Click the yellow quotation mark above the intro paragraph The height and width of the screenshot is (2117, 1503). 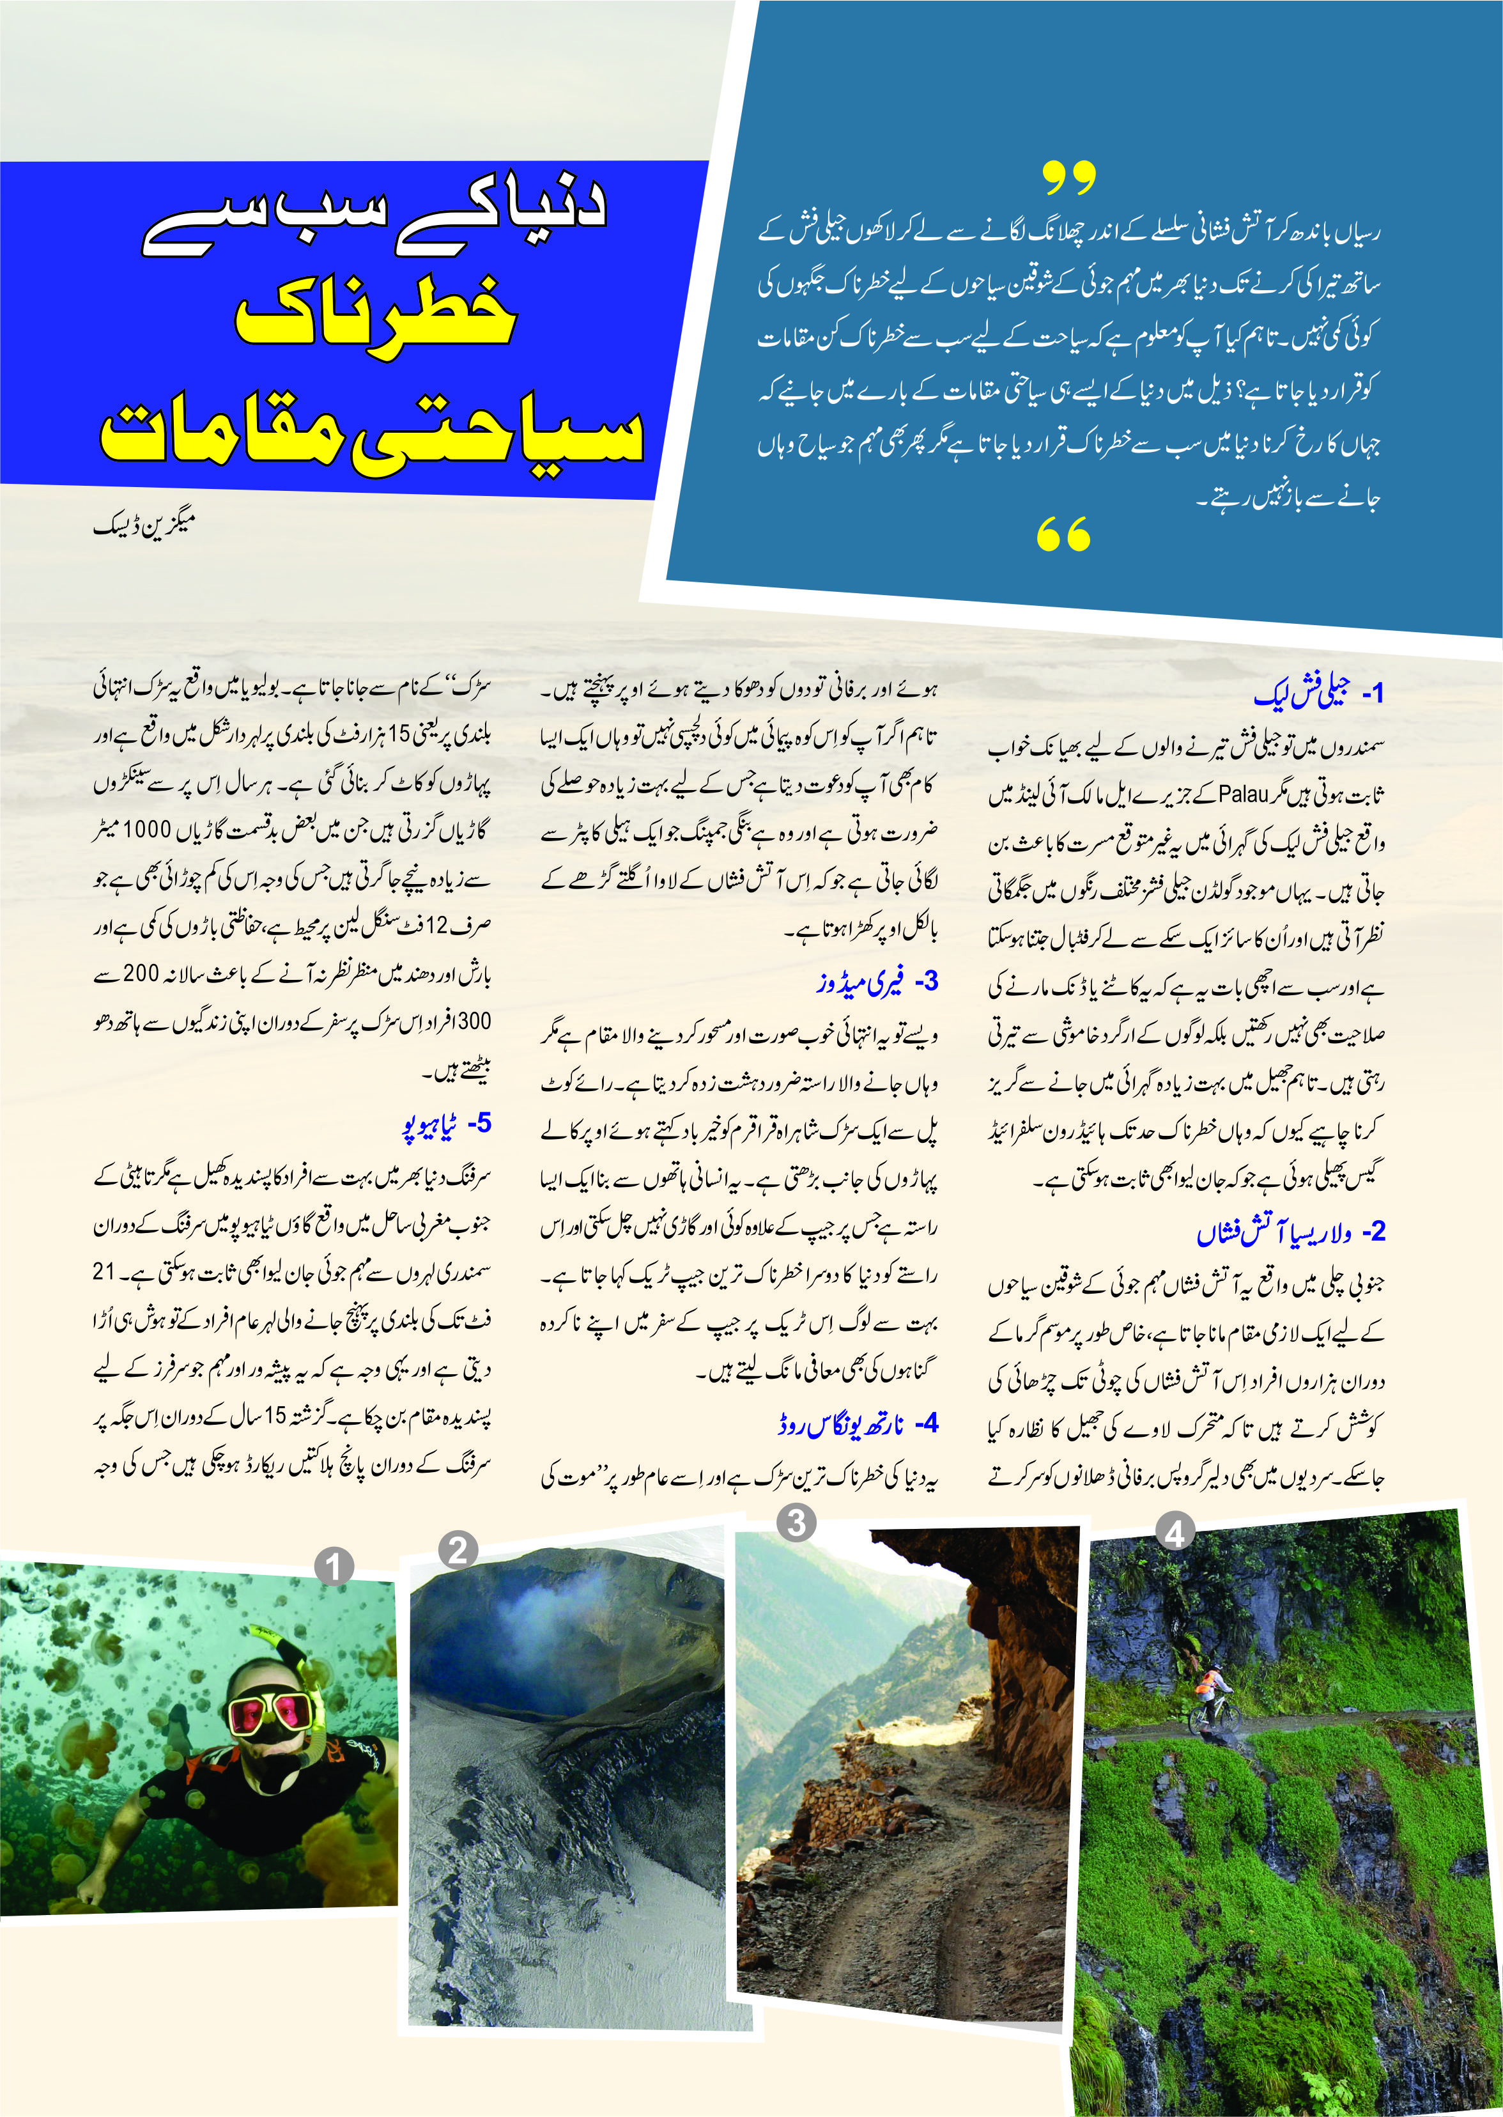(x=1069, y=177)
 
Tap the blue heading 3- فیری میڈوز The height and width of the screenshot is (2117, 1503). (x=877, y=982)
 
